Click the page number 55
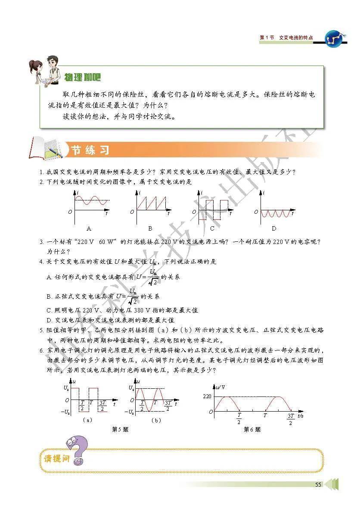318,484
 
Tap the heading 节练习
90,150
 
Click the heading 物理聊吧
82,78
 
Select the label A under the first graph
89,228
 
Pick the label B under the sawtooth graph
150,228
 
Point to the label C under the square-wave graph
212,228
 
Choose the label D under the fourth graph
274,228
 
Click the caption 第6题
252,429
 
